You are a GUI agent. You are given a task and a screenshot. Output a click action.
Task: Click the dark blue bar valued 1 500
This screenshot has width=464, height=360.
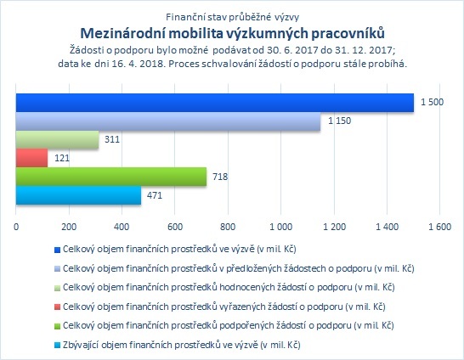(215, 103)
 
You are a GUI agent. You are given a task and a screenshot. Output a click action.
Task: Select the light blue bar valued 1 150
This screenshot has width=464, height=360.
(168, 121)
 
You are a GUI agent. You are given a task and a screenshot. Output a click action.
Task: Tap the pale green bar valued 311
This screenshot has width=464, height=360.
(58, 139)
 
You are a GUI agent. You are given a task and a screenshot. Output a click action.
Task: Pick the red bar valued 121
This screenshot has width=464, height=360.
(32, 158)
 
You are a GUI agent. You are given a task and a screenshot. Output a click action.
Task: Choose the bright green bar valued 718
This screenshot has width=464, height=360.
(111, 177)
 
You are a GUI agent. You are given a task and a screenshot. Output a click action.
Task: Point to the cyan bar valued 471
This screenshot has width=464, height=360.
(78, 195)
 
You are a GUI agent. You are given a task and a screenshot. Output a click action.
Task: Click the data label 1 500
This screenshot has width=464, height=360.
(432, 102)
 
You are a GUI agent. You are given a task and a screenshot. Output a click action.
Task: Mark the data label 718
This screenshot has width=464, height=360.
(220, 177)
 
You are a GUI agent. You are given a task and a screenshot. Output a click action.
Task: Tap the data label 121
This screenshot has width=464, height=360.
(62, 158)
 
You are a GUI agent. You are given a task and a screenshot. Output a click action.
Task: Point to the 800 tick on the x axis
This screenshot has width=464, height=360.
(228, 227)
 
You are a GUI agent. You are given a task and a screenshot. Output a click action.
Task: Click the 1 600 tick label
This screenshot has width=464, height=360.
(440, 227)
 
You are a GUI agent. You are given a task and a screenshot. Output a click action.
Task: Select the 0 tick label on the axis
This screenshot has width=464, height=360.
(16, 227)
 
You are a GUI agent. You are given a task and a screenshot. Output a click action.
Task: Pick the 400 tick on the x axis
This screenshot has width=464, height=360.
(122, 227)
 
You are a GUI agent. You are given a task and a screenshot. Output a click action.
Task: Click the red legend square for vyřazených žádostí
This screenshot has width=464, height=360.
(58, 307)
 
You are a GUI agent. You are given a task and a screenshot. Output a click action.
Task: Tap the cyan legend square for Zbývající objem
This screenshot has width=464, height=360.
(58, 346)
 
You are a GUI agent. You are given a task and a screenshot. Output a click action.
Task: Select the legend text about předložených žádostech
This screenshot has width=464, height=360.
(239, 268)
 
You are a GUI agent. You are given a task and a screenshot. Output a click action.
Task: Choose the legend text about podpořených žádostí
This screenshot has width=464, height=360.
(229, 326)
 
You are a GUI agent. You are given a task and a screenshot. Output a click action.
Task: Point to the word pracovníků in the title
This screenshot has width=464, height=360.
(348, 34)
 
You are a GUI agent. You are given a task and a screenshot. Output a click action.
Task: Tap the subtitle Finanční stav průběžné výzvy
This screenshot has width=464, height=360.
(232, 17)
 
